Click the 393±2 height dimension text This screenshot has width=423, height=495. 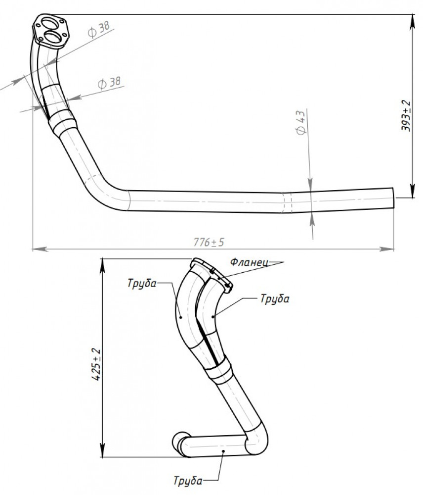406,115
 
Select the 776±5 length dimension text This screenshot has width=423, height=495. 209,242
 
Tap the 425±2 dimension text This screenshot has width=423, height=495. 96,364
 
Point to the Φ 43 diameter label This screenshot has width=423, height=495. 301,122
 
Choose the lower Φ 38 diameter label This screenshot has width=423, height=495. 109,82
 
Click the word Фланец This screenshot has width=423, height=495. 249,262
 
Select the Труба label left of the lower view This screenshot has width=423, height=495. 142,283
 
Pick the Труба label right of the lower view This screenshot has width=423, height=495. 275,298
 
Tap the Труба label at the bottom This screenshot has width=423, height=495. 188,481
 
